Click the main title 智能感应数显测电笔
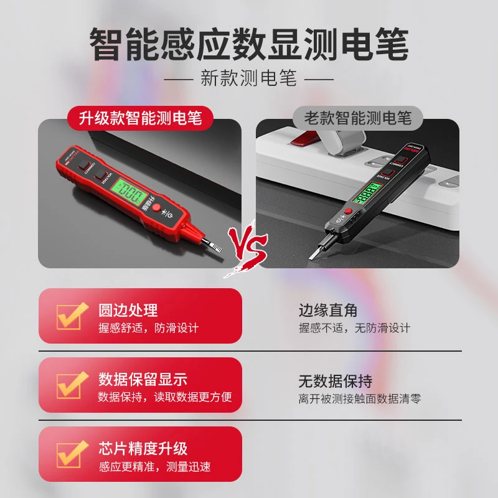click(249, 45)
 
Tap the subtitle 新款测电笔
click(249, 79)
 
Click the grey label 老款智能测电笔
click(357, 117)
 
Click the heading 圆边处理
click(128, 310)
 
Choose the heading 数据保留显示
click(143, 379)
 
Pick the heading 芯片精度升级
click(143, 448)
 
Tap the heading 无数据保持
click(335, 379)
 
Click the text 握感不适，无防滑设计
click(354, 328)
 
